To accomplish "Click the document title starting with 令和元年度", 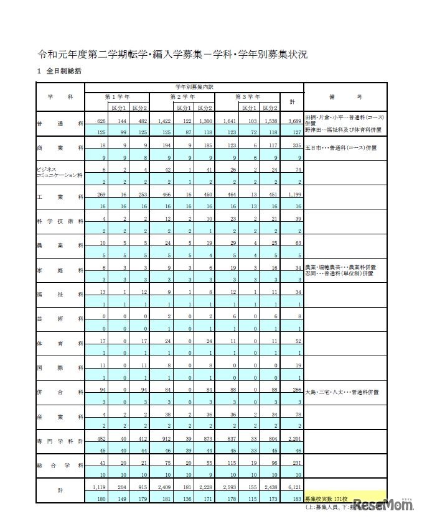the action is [172, 54].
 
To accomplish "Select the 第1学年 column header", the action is [117, 97].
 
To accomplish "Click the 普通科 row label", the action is [60, 124].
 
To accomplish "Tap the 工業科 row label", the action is [60, 196].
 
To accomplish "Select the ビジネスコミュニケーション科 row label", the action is [60, 172].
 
